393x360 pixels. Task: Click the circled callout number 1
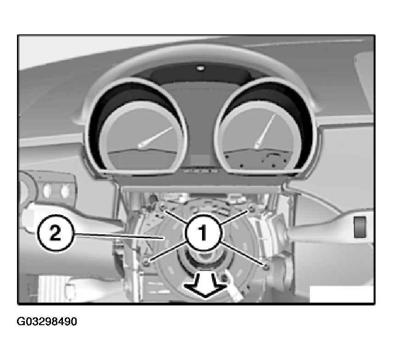click(203, 233)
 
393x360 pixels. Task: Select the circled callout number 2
click(56, 233)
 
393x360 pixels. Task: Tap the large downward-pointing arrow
click(206, 286)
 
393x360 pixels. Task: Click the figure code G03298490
click(47, 321)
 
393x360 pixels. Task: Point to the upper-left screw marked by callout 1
click(162, 207)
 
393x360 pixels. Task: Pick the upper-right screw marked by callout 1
click(252, 209)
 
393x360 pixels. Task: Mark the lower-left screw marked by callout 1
click(146, 263)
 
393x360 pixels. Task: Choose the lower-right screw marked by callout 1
click(266, 267)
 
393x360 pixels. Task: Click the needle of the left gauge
click(155, 137)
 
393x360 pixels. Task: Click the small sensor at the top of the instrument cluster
click(200, 68)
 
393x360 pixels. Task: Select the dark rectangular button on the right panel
click(359, 227)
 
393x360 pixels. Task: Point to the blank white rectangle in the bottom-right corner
click(342, 294)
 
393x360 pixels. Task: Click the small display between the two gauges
click(201, 160)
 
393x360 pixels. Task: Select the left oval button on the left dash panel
click(47, 191)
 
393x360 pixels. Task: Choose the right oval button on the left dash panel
click(65, 191)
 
